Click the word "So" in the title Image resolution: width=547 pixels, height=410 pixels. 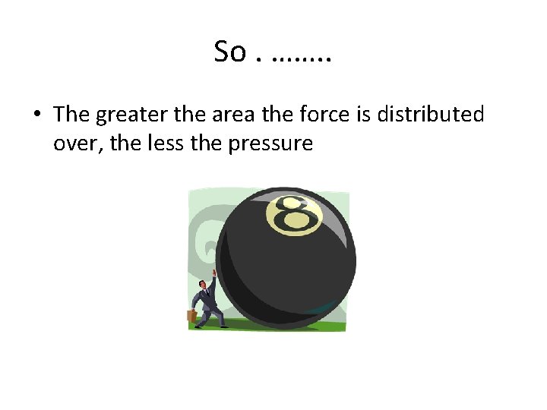tap(230, 52)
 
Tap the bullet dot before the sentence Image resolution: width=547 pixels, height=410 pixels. tap(36, 115)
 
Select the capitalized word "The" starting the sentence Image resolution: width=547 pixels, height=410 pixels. tap(72, 115)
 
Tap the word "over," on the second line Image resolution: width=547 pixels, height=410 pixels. tap(79, 142)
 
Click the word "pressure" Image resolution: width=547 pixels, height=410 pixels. tap(270, 143)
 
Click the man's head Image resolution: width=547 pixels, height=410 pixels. tap(204, 285)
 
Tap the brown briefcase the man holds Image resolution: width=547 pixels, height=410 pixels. tap(192, 315)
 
